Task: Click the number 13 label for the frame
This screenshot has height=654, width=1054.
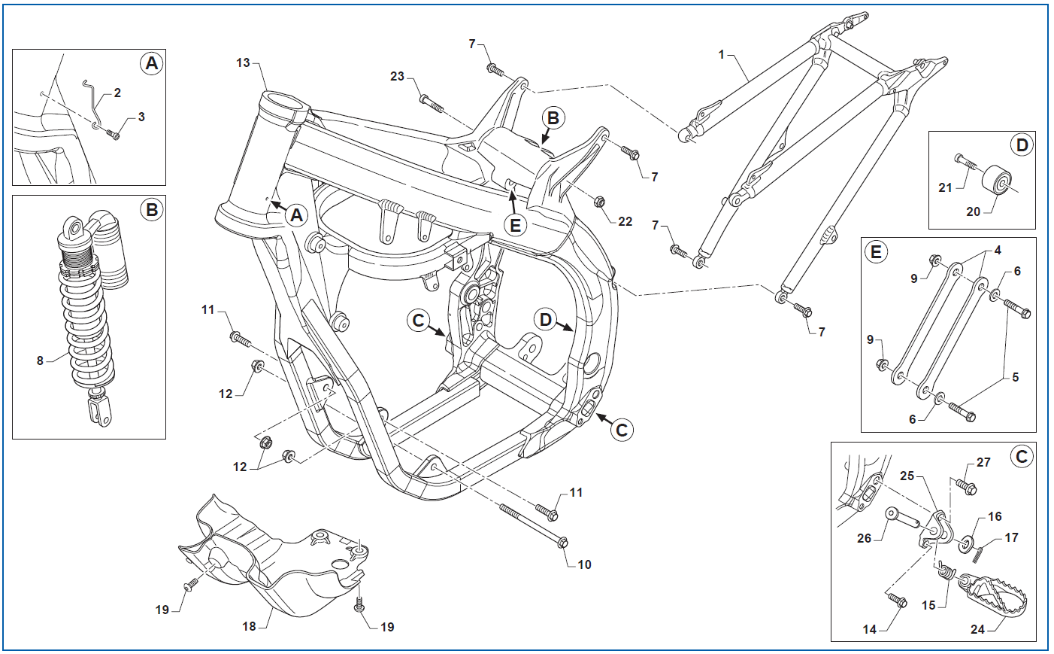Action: pos(243,63)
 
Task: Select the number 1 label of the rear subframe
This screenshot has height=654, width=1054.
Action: pos(721,55)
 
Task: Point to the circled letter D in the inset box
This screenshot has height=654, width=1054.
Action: pos(1022,145)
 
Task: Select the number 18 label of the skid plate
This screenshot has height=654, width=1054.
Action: pos(249,627)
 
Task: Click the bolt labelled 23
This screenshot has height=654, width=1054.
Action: pos(431,104)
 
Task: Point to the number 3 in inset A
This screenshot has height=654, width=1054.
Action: pos(141,117)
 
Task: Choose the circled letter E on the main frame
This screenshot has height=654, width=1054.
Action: pos(515,225)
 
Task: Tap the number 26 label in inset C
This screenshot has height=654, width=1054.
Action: pos(864,539)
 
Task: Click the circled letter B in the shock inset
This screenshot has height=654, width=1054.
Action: pos(152,210)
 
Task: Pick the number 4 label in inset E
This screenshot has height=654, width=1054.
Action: pos(998,250)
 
